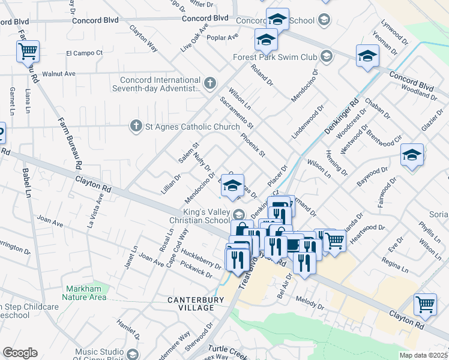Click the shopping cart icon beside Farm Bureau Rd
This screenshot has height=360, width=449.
28,52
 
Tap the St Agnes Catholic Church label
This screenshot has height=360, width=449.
184,126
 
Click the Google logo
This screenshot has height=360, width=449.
20,352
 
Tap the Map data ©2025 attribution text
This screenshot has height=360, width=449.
423,355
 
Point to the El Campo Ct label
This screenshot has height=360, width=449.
84,53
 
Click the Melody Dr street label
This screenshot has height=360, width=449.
310,305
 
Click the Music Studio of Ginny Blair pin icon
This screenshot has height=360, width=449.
133,353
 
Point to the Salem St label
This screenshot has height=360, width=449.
188,152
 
